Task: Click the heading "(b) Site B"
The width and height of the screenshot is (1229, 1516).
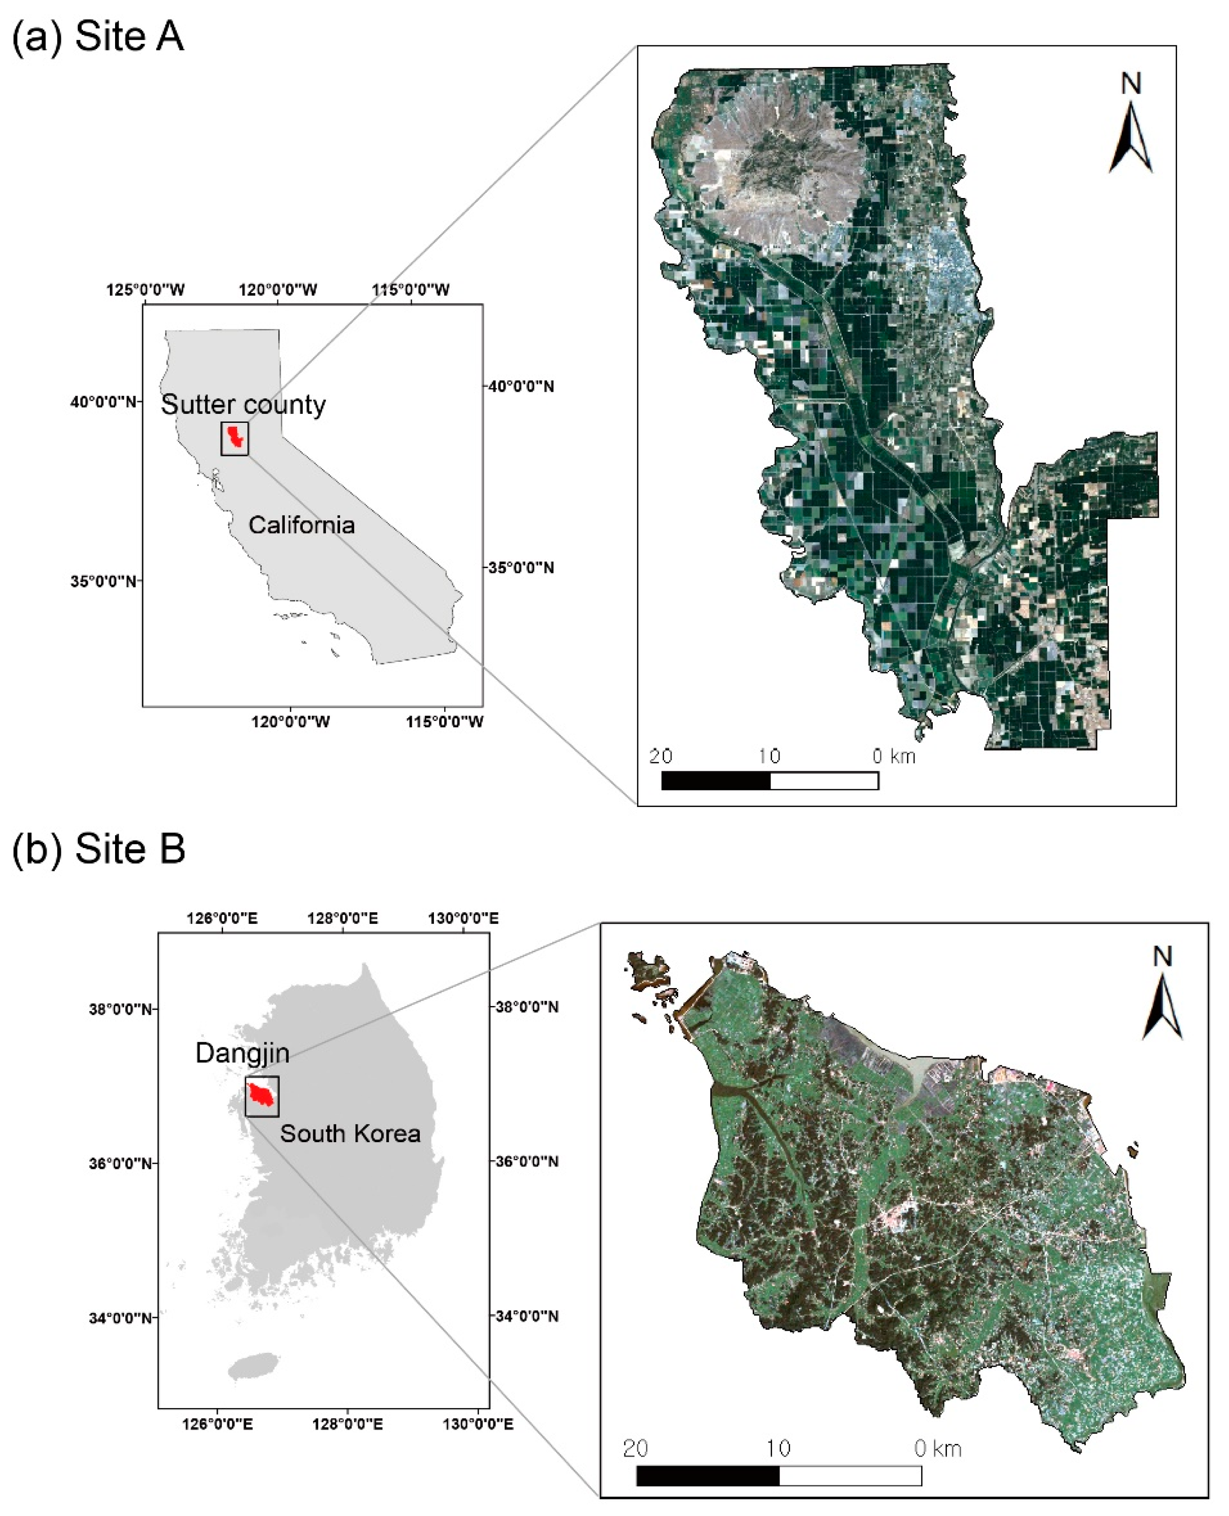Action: click(99, 847)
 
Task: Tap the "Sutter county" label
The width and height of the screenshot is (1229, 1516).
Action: click(243, 405)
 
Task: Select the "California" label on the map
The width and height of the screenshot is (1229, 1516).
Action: click(301, 525)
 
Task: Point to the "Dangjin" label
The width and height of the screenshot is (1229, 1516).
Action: click(242, 1053)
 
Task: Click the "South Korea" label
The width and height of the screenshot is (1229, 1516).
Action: click(350, 1134)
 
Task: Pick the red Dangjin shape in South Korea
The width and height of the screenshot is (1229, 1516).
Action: click(261, 1095)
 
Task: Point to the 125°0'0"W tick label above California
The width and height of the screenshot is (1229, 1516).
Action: click(146, 289)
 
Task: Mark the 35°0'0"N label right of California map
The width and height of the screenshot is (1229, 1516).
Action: click(520, 568)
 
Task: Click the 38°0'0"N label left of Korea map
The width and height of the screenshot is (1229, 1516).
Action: click(120, 1008)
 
